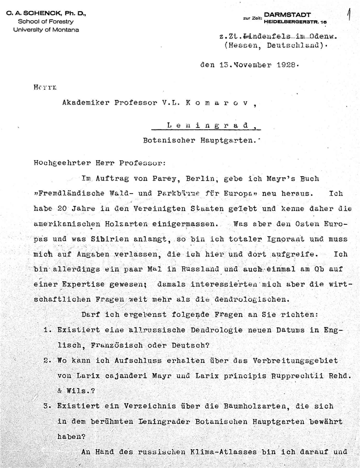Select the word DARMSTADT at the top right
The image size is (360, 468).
pos(288,15)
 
